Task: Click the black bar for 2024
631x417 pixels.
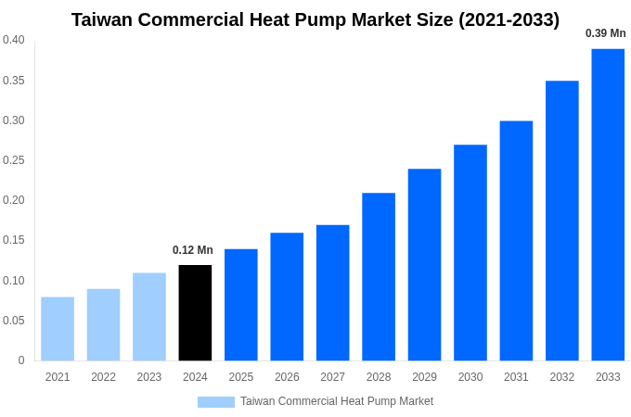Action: (195, 313)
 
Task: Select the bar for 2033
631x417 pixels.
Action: (608, 205)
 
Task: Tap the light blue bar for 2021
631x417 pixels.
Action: (58, 329)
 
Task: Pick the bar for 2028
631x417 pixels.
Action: (379, 277)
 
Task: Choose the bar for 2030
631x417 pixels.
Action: (470, 253)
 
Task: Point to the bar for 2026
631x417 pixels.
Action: (287, 297)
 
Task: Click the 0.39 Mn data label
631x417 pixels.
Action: (605, 33)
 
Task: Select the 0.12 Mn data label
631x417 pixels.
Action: (193, 250)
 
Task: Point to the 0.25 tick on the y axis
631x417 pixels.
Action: (14, 160)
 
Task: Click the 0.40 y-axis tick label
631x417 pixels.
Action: (14, 40)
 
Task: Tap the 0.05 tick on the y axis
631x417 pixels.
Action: (14, 321)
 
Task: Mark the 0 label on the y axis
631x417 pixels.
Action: (21, 360)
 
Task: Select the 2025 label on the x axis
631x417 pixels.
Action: (241, 377)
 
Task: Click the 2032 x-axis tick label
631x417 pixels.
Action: (562, 377)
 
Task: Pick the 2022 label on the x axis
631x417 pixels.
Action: (103, 377)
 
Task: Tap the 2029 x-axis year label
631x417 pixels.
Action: (424, 377)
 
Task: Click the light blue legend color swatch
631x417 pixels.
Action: (215, 402)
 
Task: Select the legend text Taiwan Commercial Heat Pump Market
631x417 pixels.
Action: (337, 401)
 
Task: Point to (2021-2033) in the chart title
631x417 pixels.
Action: (509, 19)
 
